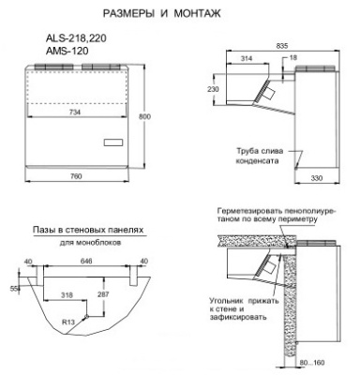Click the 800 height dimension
click(x=143, y=115)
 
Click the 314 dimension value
click(x=247, y=58)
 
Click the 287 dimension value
click(x=103, y=293)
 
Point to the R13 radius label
click(x=67, y=322)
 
